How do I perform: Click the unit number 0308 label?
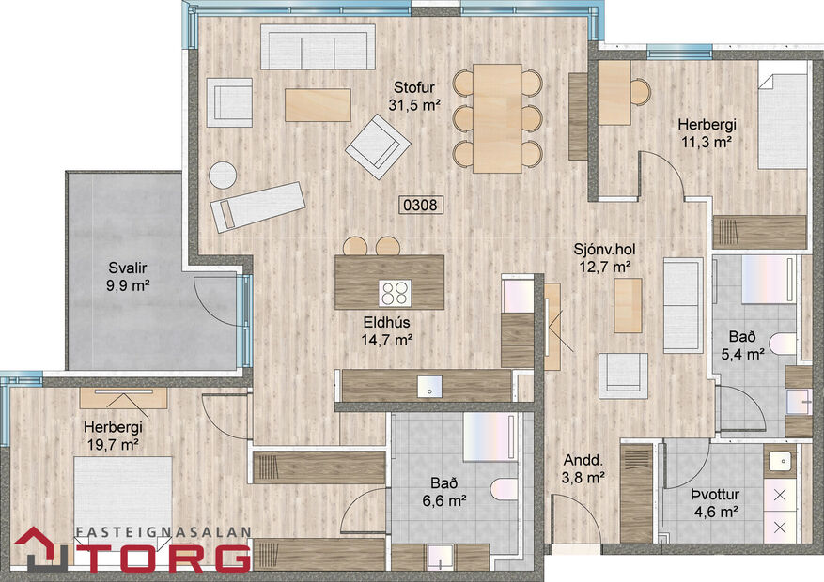tap(421, 203)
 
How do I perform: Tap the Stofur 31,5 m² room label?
tap(414, 97)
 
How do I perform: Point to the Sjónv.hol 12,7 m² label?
tap(602, 259)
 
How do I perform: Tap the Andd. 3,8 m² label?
tap(583, 468)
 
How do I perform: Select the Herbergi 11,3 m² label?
tap(707, 133)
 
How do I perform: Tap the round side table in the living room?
tap(223, 176)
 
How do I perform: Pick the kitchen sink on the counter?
tap(429, 385)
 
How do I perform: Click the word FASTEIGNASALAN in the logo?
tap(163, 531)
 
